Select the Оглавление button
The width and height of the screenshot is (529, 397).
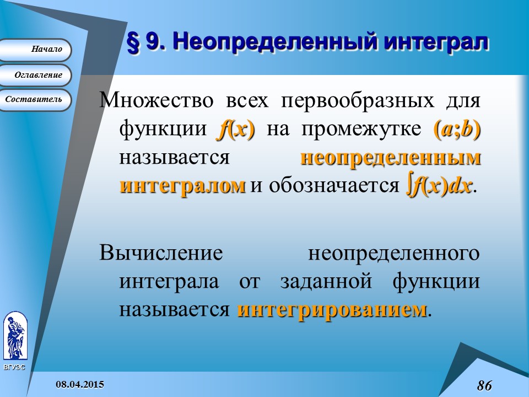[x=35, y=75]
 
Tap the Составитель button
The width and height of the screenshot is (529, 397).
[x=35, y=100]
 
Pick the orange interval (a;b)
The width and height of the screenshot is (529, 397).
[x=457, y=130]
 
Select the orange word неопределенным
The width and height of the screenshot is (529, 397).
[x=390, y=158]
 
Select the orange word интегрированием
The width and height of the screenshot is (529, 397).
[x=332, y=309]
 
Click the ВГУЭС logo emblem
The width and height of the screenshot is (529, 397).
[x=14, y=336]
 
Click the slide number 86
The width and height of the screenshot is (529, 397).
[x=484, y=385]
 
